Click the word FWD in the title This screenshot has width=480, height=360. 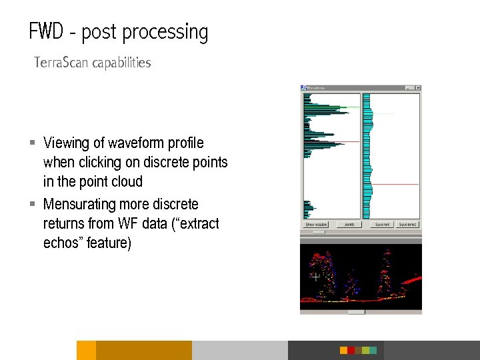click(x=47, y=31)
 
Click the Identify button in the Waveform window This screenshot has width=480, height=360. click(x=349, y=225)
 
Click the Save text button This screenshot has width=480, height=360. click(x=382, y=225)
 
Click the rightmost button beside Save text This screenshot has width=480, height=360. click(x=407, y=225)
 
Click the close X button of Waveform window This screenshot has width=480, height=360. click(x=418, y=87)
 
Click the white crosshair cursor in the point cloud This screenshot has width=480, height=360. click(x=315, y=276)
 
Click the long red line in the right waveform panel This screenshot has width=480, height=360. click(x=394, y=184)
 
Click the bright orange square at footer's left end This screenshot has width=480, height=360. click(x=86, y=350)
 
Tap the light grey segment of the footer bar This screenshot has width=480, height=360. click(x=239, y=350)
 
